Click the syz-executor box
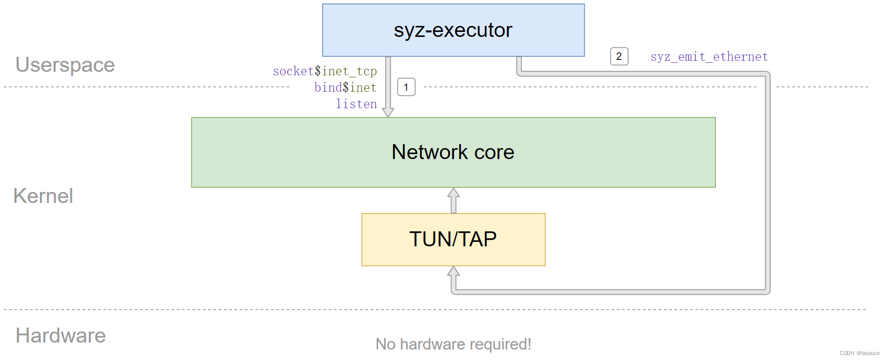coord(453,30)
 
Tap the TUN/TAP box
coord(453,239)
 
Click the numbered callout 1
coord(406,87)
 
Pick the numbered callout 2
coord(619,56)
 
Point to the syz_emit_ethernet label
coord(709,57)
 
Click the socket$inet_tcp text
coord(325,71)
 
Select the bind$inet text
coord(345,88)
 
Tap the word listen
coord(356,104)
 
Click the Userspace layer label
coord(65,65)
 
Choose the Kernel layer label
coord(43,196)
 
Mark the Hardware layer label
coord(61,336)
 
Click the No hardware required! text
coord(453,344)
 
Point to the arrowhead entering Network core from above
coord(388,112)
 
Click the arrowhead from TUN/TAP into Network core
coord(453,193)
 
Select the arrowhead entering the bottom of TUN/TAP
coord(453,271)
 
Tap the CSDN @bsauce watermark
coord(859,353)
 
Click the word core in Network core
coord(494,152)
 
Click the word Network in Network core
coord(430,152)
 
